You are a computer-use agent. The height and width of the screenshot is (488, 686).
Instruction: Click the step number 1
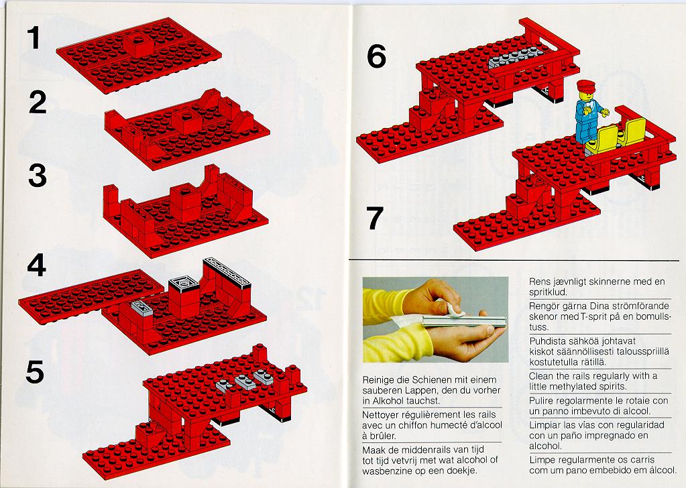tap(34, 38)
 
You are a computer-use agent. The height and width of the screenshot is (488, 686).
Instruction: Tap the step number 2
tap(38, 103)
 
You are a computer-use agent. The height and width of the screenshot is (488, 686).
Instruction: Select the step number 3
tap(38, 176)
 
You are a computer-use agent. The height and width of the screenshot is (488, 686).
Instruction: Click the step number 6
tap(377, 56)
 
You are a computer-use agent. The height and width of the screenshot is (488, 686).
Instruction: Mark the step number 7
tap(374, 219)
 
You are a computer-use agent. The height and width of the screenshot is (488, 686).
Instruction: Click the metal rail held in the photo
tap(463, 322)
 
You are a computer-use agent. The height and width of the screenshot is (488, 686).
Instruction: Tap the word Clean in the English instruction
tap(540, 375)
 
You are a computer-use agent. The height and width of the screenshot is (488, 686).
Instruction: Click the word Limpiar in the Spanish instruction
tap(544, 425)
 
